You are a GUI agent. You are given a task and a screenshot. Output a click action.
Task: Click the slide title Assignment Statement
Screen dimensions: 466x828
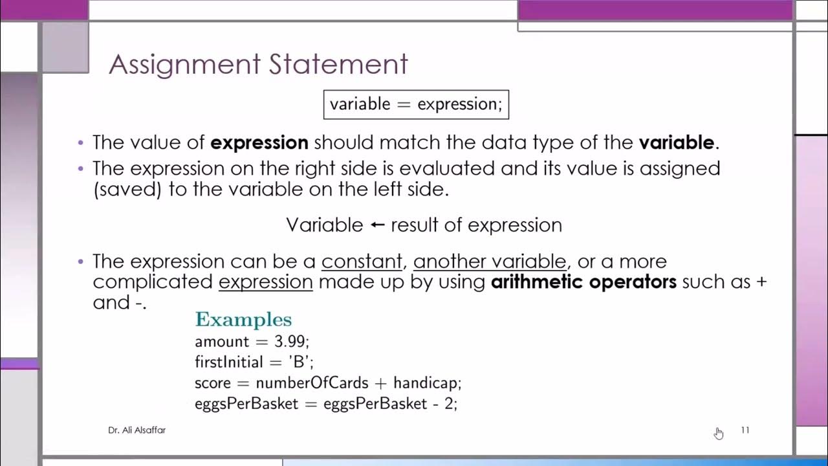click(x=258, y=64)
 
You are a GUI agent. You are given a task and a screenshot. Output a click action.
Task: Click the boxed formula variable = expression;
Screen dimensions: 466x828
click(x=416, y=104)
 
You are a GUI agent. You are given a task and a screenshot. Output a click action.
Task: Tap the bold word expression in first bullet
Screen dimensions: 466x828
click(x=259, y=142)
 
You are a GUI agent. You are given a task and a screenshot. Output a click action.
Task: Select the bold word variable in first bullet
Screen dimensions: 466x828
click(x=676, y=142)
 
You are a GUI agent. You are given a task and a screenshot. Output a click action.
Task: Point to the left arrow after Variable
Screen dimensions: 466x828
click(x=377, y=225)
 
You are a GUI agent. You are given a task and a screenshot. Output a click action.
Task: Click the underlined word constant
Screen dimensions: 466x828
click(x=362, y=261)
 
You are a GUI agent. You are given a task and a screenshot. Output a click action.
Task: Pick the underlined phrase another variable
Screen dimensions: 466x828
click(x=490, y=261)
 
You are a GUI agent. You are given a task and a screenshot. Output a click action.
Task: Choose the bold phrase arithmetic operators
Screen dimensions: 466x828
click(x=583, y=282)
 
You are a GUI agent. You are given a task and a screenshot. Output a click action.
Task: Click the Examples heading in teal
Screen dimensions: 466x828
click(x=243, y=320)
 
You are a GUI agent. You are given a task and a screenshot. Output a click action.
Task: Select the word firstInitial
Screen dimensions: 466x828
click(x=229, y=362)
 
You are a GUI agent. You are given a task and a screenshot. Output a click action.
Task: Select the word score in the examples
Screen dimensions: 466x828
click(x=212, y=383)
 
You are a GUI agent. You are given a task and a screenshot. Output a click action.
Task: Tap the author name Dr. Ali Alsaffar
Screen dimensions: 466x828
click(x=136, y=430)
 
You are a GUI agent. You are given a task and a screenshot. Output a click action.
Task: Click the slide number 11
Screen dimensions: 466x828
click(x=745, y=430)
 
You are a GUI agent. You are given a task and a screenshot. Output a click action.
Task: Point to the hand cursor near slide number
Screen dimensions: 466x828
click(x=719, y=432)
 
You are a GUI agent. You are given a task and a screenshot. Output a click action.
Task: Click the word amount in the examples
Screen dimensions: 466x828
click(x=222, y=342)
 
